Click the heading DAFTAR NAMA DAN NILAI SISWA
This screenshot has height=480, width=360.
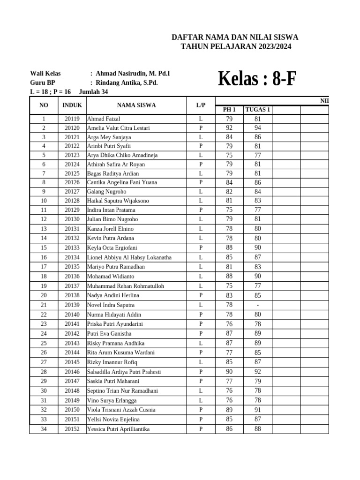point(235,37)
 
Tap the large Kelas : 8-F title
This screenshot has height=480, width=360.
point(257,79)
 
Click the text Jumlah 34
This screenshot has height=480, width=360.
point(94,91)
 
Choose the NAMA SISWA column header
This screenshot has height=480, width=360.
point(136,105)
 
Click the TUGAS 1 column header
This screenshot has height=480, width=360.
point(257,110)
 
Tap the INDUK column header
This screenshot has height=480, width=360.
point(72,105)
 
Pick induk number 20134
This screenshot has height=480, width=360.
point(72,257)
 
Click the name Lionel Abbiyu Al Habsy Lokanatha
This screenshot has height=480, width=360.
point(129,257)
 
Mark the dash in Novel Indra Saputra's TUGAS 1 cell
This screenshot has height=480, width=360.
point(257,305)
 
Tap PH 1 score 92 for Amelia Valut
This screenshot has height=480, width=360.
point(229,128)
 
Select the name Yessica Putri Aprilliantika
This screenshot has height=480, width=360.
point(119,429)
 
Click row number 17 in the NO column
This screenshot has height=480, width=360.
point(44,267)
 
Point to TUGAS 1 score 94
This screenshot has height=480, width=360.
point(257,128)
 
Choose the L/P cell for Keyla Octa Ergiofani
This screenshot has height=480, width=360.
point(201,247)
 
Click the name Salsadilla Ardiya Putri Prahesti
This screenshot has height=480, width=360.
point(124,372)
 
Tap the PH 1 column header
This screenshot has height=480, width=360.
point(229,110)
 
